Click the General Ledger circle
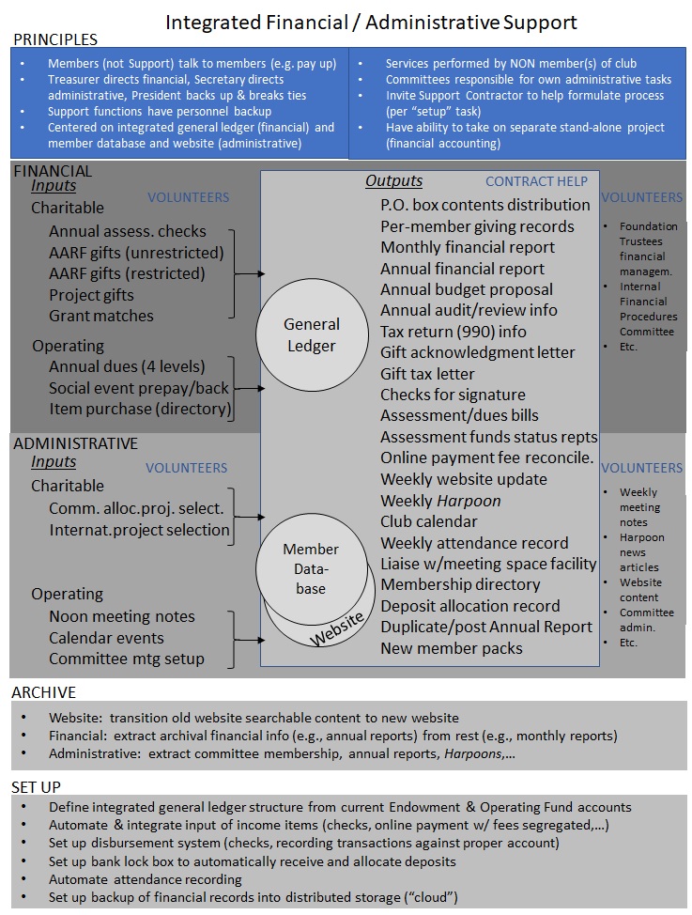click(312, 335)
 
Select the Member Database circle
click(311, 568)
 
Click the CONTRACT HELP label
click(536, 181)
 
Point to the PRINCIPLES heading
click(54, 39)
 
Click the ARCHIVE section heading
click(44, 692)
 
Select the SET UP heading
click(38, 786)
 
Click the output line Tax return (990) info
click(454, 331)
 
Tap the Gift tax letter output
click(427, 373)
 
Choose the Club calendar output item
click(429, 521)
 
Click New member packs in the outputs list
click(452, 648)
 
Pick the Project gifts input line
click(91, 295)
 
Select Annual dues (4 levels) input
click(127, 366)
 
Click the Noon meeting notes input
click(122, 616)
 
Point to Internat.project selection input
click(139, 529)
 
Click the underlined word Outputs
click(393, 180)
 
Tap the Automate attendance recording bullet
click(146, 880)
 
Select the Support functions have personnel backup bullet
click(160, 112)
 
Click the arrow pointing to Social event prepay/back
click(246, 387)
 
